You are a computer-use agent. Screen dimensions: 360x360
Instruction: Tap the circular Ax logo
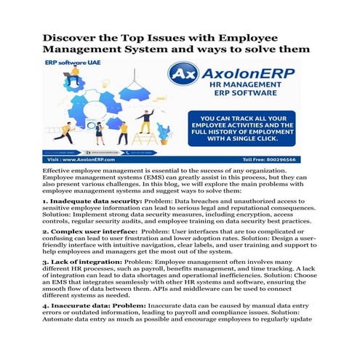[x=183, y=76]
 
